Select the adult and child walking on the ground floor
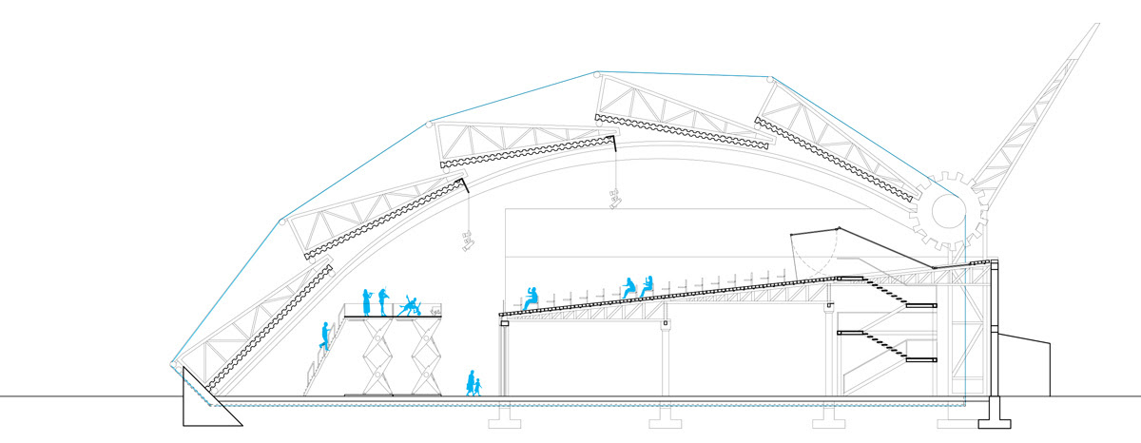pos(472,382)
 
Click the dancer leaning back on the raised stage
pos(412,304)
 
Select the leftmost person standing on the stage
pos(365,301)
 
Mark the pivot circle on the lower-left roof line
pos(281,221)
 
